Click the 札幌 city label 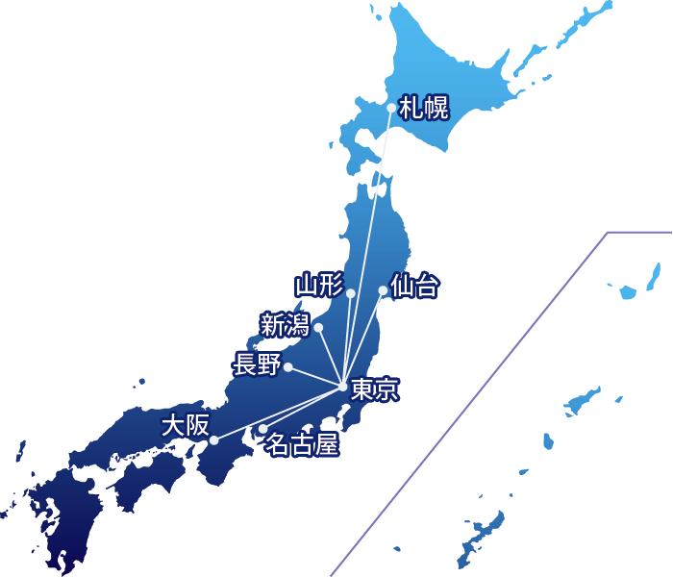(x=424, y=108)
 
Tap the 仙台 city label (x=415, y=286)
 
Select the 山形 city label (x=318, y=286)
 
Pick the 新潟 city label (x=285, y=325)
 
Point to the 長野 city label (x=256, y=364)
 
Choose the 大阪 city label (x=185, y=424)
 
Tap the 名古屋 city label (x=302, y=445)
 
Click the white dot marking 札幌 (x=391, y=108)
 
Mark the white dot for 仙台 (x=383, y=290)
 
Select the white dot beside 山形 (x=351, y=292)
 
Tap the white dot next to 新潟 (x=318, y=328)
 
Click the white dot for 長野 (x=287, y=366)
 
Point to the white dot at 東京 (x=343, y=387)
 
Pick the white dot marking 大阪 (x=213, y=440)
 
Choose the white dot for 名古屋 (x=262, y=429)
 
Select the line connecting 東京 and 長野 (x=315, y=376)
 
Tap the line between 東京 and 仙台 (x=363, y=338)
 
